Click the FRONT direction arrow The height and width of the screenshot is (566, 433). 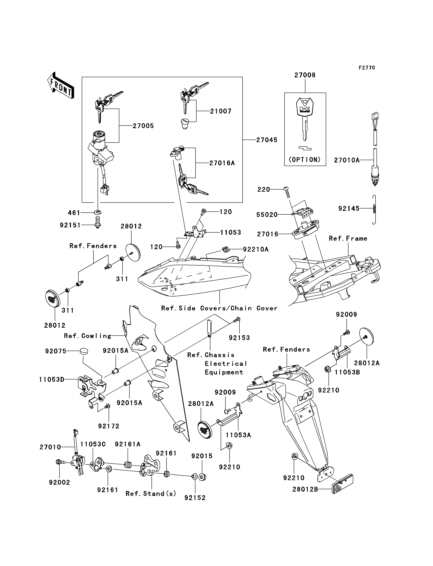pos(61,85)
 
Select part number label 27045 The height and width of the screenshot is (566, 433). pos(267,140)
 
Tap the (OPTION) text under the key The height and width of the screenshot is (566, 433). pos(305,160)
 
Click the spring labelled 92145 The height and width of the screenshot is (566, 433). pos(375,210)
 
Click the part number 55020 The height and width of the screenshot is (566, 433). pos(267,215)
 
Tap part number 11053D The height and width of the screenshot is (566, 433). pos(52,379)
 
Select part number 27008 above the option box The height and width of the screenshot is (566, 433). pos(305,75)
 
